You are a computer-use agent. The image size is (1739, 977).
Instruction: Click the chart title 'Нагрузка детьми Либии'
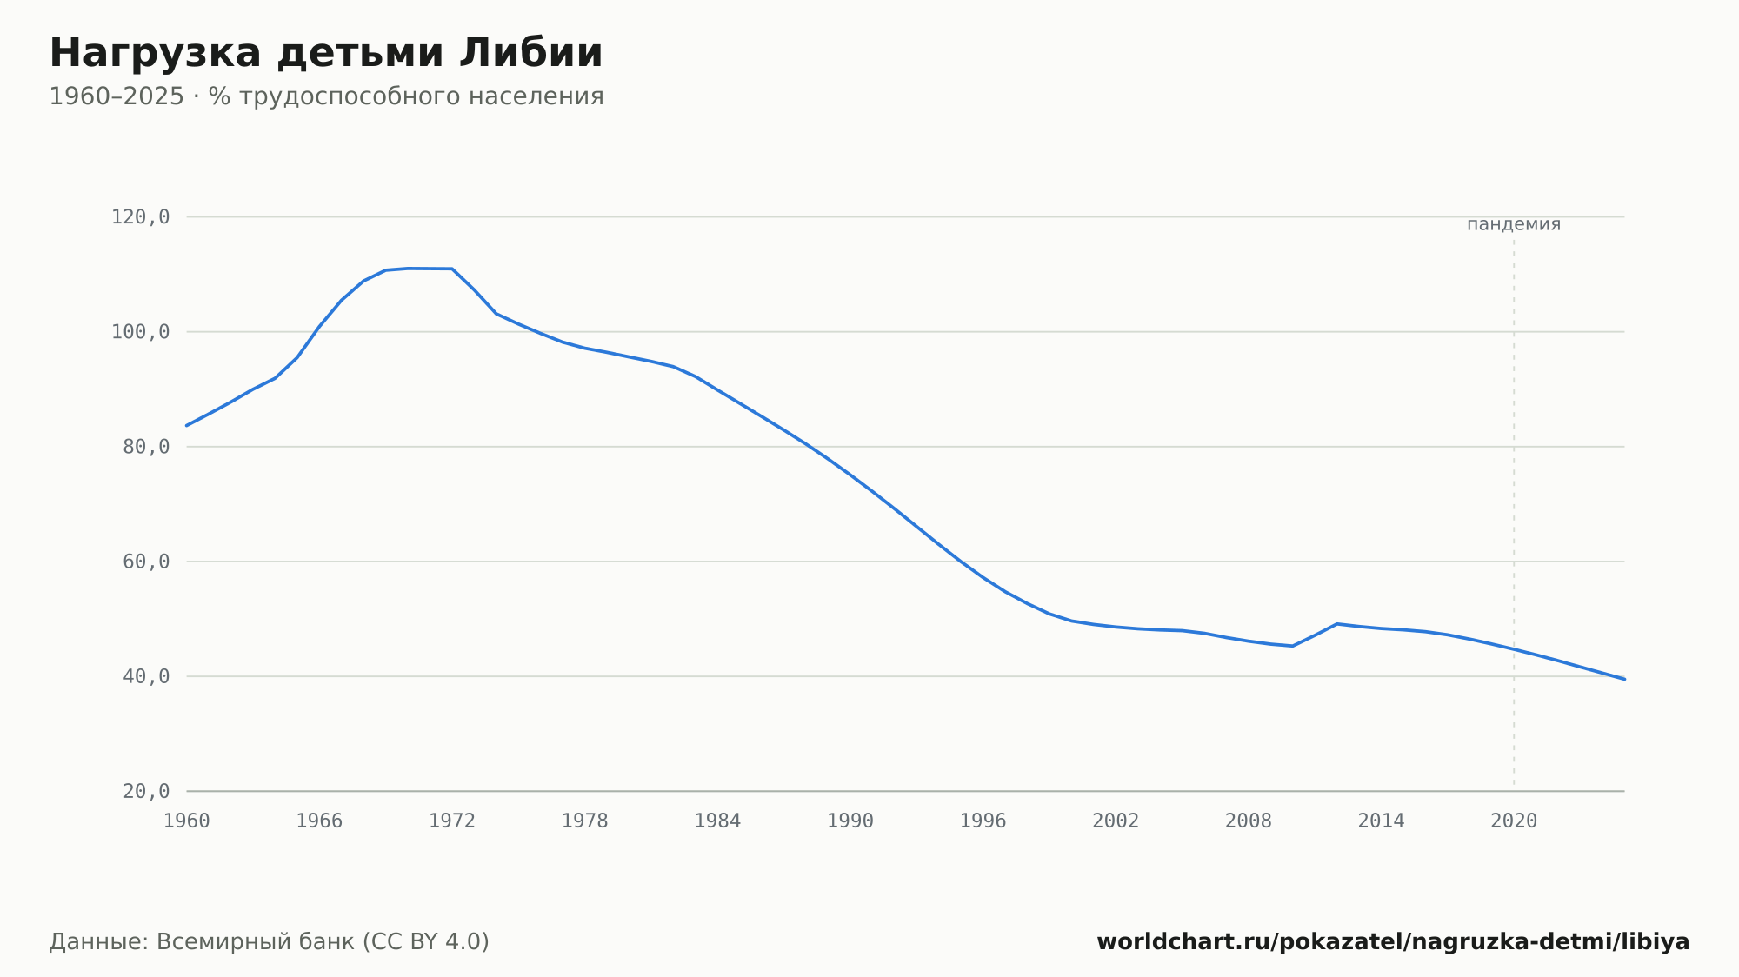tap(326, 54)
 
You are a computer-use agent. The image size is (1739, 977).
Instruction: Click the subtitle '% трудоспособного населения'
tap(406, 96)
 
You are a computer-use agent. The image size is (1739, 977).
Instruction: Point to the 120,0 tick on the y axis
tap(140, 217)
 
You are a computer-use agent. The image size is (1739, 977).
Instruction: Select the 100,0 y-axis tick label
tap(140, 332)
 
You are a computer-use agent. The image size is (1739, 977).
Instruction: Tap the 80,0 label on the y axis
tap(146, 447)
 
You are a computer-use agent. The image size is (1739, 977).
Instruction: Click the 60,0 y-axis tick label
tap(146, 562)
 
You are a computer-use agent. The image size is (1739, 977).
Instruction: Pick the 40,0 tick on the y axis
tap(146, 676)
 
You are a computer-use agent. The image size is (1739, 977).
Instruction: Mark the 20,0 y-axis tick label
tap(146, 791)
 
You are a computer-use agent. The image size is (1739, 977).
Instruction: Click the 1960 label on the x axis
tap(187, 821)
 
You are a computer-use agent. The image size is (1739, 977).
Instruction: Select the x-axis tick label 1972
tap(452, 821)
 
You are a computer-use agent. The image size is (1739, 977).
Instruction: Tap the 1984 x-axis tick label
tap(717, 821)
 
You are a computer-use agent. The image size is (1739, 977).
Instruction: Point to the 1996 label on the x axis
tap(983, 821)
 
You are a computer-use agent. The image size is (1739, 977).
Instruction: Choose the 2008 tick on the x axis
tap(1249, 821)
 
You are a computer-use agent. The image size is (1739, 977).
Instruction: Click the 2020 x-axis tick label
tap(1514, 821)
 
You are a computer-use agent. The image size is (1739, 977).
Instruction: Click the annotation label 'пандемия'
tap(1514, 224)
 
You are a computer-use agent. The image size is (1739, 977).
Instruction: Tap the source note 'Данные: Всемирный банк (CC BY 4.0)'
tap(270, 942)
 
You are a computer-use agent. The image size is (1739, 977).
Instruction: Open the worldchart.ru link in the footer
tap(1393, 942)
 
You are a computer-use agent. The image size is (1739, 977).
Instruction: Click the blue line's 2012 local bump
tap(1336, 624)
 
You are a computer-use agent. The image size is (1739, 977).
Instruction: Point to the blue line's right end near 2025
tap(1624, 679)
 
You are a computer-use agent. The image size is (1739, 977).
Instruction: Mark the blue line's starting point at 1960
tap(187, 425)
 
